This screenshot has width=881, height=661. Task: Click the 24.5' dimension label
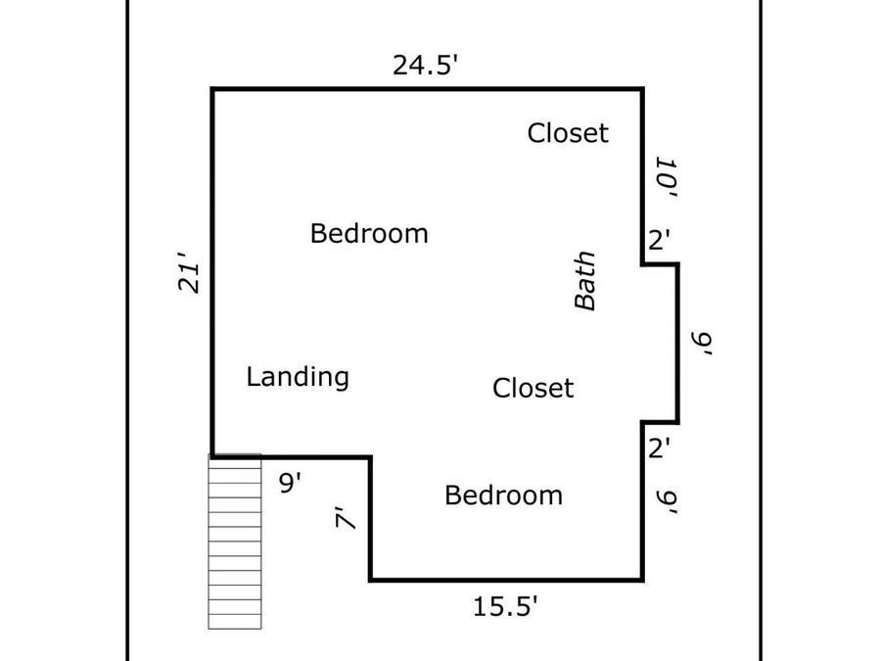(426, 65)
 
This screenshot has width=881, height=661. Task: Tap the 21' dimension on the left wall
(189, 272)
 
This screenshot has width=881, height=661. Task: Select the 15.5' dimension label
(506, 606)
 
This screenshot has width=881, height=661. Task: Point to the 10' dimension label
(666, 177)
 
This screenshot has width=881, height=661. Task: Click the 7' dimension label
(346, 518)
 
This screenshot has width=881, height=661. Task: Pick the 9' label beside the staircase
(290, 482)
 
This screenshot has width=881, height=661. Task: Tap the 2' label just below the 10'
(659, 240)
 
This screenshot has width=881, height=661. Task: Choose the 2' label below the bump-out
(659, 449)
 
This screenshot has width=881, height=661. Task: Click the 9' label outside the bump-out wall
(702, 343)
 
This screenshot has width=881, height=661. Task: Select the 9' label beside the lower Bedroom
(667, 502)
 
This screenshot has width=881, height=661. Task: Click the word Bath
(585, 280)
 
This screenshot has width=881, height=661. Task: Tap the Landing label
(298, 377)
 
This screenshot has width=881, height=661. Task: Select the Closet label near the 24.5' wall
(568, 133)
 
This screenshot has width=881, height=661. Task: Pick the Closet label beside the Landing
(533, 388)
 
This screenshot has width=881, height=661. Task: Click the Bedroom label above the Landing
(369, 233)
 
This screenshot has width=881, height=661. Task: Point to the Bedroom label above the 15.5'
(503, 496)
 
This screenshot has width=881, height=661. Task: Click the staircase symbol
(235, 542)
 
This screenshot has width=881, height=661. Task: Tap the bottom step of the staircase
(235, 622)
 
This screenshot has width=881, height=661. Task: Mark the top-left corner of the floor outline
(212, 89)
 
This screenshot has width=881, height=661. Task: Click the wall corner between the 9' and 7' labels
(371, 457)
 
